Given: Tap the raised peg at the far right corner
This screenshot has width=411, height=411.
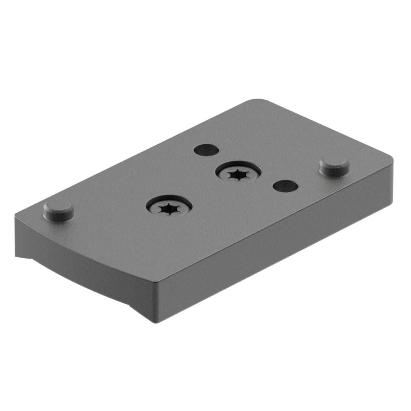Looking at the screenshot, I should click(x=334, y=166).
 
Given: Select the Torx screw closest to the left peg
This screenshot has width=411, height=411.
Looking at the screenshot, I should click(x=169, y=206).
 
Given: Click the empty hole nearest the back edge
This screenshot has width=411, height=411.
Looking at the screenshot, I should click(x=206, y=150).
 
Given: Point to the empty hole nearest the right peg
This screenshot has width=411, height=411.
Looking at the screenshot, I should click(x=285, y=185).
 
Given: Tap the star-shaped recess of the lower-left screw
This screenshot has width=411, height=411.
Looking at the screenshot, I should click(x=169, y=208).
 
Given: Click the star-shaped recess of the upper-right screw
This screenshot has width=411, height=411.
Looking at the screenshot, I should click(x=238, y=175).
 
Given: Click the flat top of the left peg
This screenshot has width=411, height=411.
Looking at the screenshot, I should click(x=58, y=208).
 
